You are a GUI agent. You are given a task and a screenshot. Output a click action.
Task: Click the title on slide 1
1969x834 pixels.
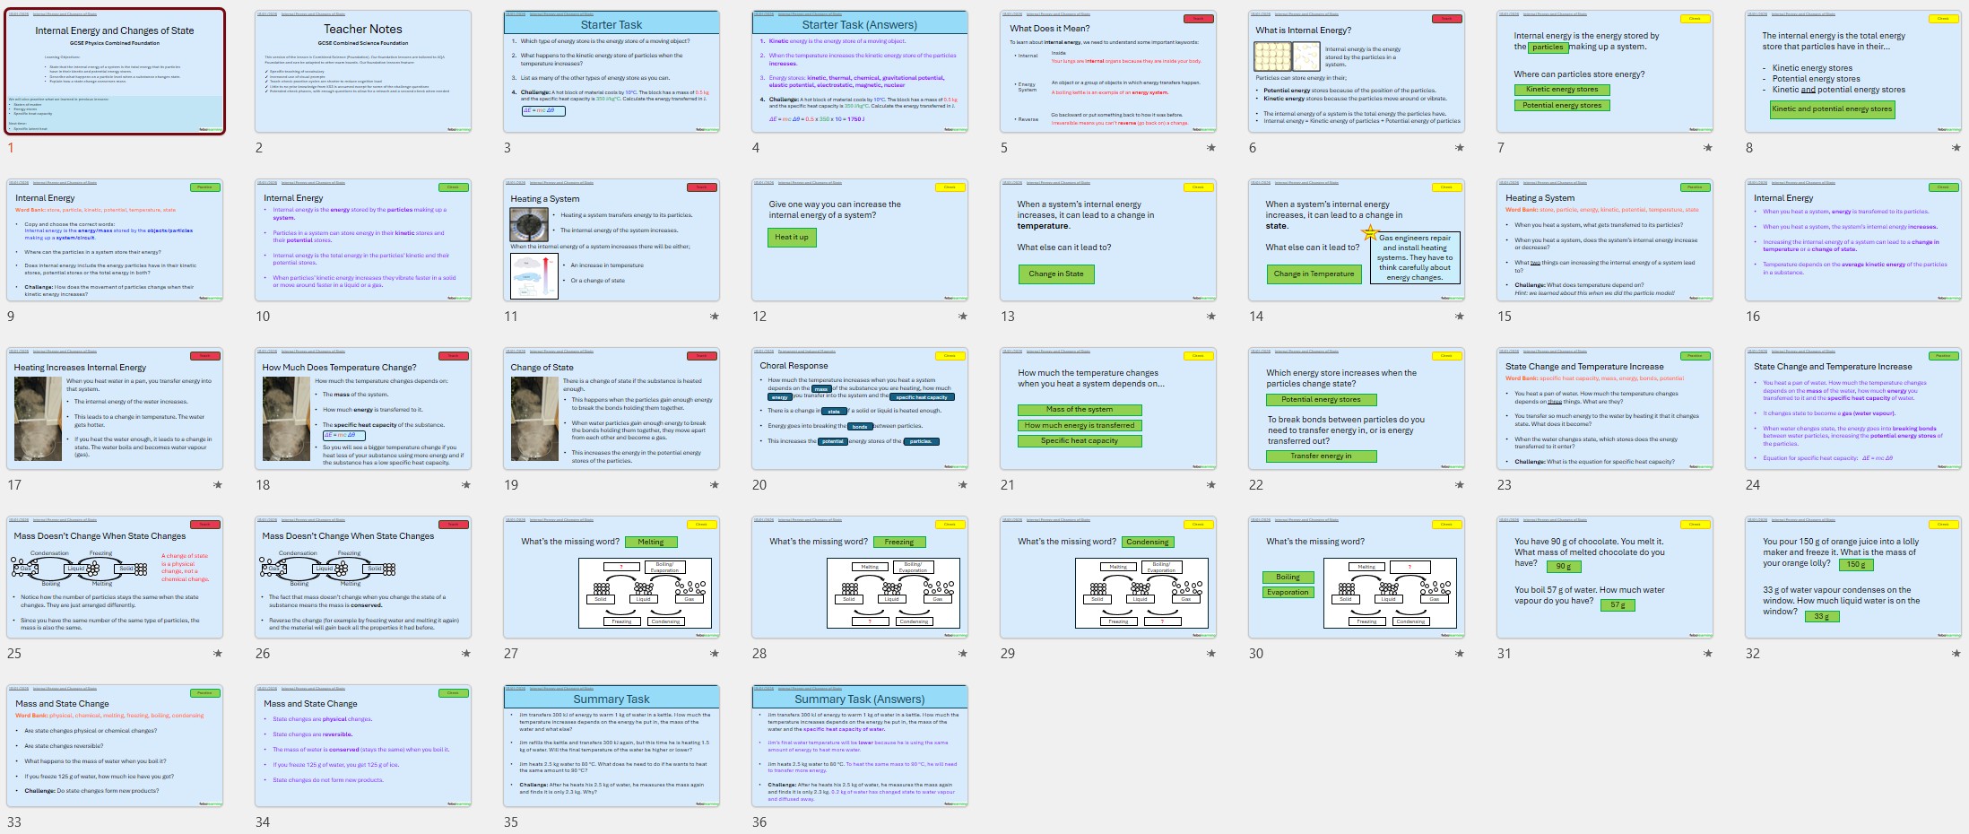point(114,30)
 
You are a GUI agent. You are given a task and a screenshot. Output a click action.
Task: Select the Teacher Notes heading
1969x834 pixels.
point(362,29)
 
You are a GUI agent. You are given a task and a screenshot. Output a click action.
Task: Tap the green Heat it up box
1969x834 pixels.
point(791,238)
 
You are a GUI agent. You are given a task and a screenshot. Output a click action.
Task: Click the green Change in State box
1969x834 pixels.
point(1055,274)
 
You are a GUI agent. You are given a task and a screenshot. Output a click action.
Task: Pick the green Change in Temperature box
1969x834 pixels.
point(1314,274)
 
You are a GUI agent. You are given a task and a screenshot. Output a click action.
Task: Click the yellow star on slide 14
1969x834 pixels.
point(1369,233)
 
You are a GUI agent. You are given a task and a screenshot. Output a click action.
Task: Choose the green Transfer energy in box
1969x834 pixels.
point(1321,456)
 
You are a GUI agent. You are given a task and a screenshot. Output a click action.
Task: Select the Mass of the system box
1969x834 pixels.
point(1079,410)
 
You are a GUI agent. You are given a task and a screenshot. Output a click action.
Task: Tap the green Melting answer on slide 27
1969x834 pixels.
point(650,542)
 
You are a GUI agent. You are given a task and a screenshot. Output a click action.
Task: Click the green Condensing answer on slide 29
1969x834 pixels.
point(1147,542)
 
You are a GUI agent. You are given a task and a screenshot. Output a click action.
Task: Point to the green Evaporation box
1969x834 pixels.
point(1288,592)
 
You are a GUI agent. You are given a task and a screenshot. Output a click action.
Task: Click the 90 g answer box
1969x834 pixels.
point(1563,566)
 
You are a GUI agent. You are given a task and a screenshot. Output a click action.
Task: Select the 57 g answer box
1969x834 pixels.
point(1617,604)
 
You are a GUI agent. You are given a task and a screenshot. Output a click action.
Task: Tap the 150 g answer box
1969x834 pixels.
point(1855,565)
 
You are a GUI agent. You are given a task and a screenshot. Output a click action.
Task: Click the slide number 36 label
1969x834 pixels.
point(759,822)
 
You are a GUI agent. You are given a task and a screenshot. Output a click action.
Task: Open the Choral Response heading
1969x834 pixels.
point(794,366)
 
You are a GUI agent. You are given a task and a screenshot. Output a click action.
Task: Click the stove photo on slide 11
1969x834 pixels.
point(529,224)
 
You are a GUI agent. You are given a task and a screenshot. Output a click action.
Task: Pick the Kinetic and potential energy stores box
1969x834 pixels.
point(1832,109)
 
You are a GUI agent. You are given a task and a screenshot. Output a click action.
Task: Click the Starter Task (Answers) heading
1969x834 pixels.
point(859,24)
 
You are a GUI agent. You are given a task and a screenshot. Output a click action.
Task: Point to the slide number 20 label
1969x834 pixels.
point(759,485)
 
